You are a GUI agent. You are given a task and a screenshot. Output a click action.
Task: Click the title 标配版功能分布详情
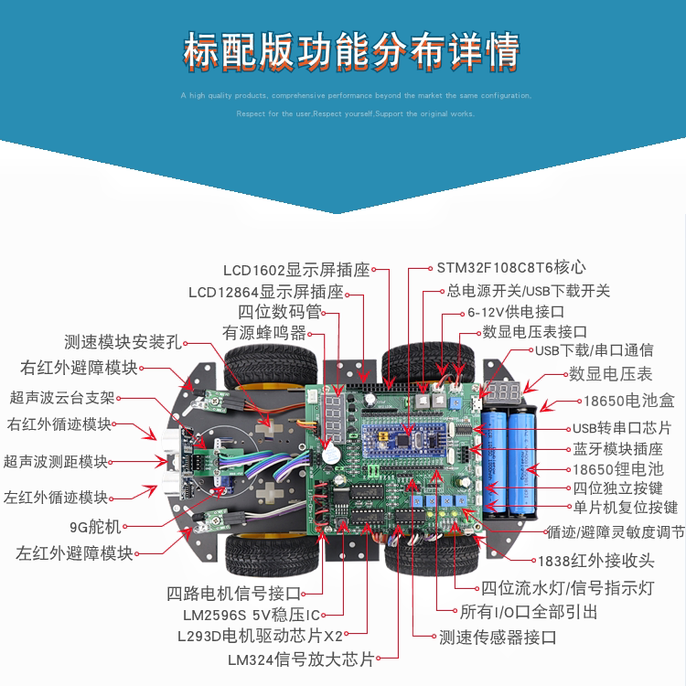(x=351, y=49)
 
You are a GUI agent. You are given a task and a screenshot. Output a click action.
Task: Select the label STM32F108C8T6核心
(x=510, y=268)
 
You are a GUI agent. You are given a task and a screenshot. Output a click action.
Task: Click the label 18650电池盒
(x=628, y=401)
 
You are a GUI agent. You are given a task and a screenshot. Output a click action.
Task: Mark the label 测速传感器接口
(x=498, y=637)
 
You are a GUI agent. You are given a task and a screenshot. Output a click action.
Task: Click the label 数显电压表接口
(x=534, y=331)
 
